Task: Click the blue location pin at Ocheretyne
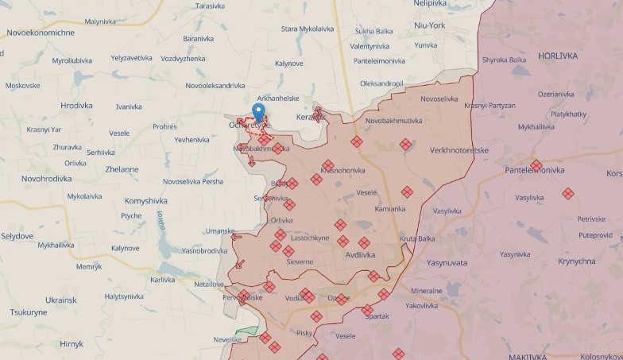tap(258, 112)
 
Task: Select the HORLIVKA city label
tap(557, 56)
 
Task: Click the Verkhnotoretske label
tap(459, 149)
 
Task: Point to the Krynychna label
tap(577, 261)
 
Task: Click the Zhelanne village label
tap(121, 169)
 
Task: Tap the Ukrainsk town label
tap(60, 300)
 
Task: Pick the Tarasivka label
tap(210, 6)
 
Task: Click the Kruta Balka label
tap(417, 238)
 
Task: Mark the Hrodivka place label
tap(76, 105)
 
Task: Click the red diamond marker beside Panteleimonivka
tap(536, 165)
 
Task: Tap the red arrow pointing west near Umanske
tap(236, 236)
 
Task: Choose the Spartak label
tap(377, 316)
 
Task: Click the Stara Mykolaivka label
tap(308, 29)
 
